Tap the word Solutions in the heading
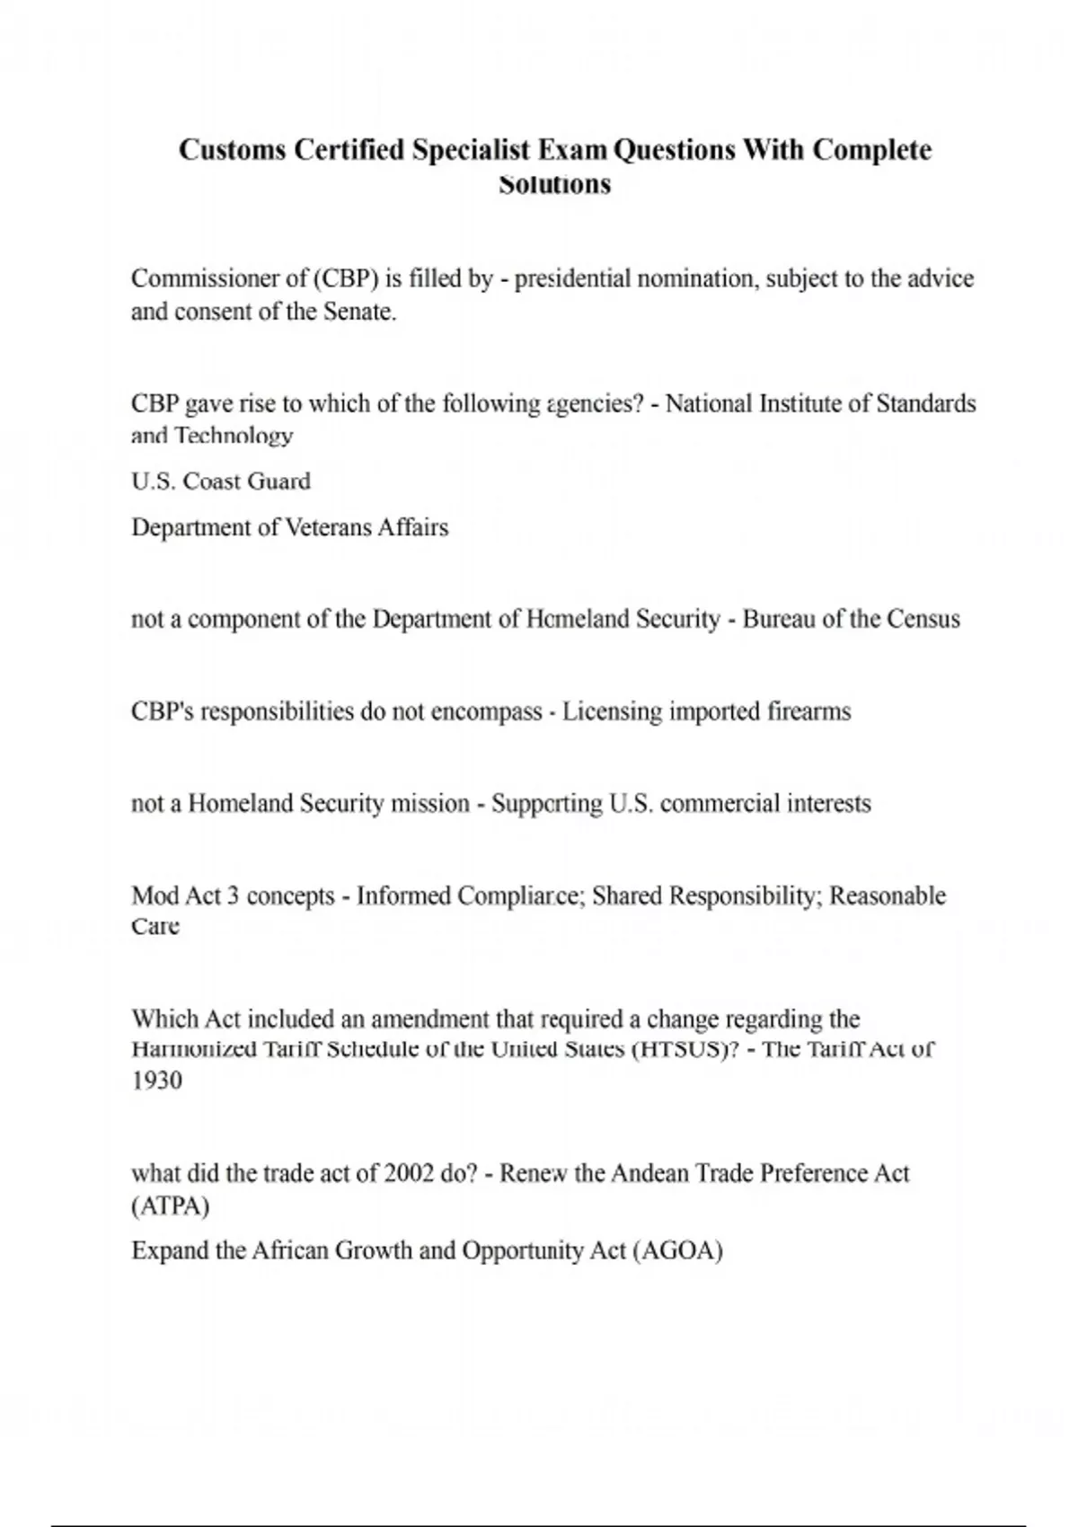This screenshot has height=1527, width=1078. [x=554, y=184]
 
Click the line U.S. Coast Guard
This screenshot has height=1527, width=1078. [x=221, y=481]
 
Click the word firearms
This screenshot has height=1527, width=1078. [x=808, y=711]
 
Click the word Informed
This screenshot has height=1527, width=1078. [x=403, y=896]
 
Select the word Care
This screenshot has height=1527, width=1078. [x=155, y=926]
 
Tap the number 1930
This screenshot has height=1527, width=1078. [x=157, y=1081]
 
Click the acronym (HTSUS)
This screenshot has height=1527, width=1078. [x=685, y=1049]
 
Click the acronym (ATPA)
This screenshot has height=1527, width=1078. [x=171, y=1205]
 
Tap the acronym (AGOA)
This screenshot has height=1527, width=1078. [x=677, y=1250]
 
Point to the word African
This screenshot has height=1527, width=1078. [x=289, y=1250]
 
